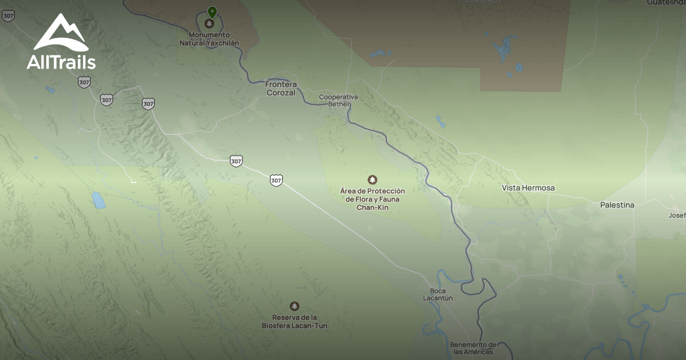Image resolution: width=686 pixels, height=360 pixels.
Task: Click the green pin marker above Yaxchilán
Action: [212, 12]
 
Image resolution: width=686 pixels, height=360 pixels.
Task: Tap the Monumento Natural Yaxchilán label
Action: [209, 39]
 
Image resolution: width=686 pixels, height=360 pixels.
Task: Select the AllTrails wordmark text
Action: [61, 62]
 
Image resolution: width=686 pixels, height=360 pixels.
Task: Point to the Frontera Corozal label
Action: [281, 89]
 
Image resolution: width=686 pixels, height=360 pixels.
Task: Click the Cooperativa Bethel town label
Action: [338, 101]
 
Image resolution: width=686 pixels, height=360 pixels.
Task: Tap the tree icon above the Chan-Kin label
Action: [373, 180]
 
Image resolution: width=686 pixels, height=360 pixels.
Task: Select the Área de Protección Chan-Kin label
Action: [373, 199]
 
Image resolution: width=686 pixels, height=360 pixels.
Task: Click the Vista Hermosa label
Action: [528, 188]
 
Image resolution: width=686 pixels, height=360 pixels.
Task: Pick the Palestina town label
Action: [617, 205]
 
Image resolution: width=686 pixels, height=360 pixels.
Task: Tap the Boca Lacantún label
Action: [438, 294]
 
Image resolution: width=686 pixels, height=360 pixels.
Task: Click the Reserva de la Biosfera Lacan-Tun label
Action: [294, 322]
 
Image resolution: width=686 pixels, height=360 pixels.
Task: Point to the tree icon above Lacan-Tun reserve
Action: [294, 306]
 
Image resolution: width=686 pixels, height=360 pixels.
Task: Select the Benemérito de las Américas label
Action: [473, 348]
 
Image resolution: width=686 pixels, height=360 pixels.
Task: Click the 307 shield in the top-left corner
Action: [8, 15]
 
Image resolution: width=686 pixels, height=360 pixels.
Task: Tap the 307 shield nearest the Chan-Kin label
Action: [276, 181]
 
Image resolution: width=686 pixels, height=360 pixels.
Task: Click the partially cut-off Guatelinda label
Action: [666, 3]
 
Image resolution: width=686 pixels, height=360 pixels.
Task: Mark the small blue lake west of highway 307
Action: [98, 200]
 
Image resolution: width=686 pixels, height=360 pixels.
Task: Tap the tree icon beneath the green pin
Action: [209, 24]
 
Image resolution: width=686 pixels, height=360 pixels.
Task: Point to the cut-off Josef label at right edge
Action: [677, 215]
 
